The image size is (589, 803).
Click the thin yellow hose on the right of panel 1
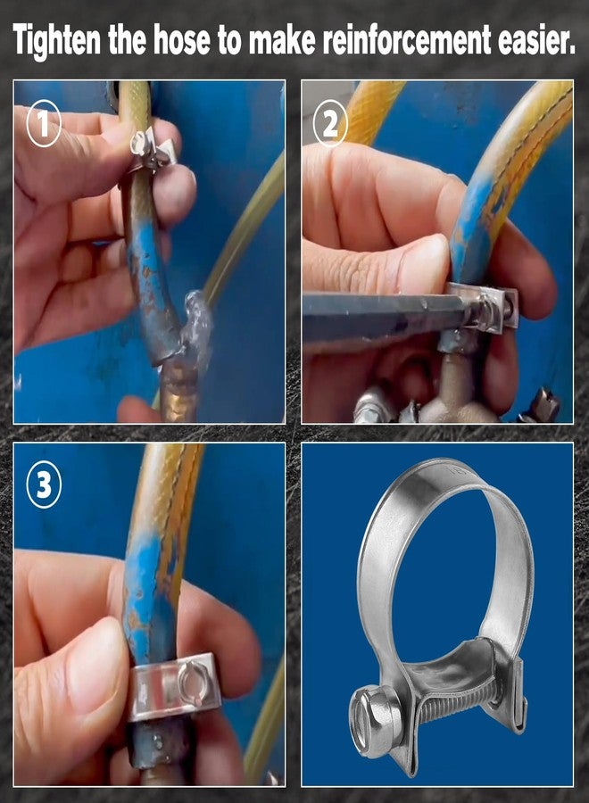(x=250, y=232)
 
